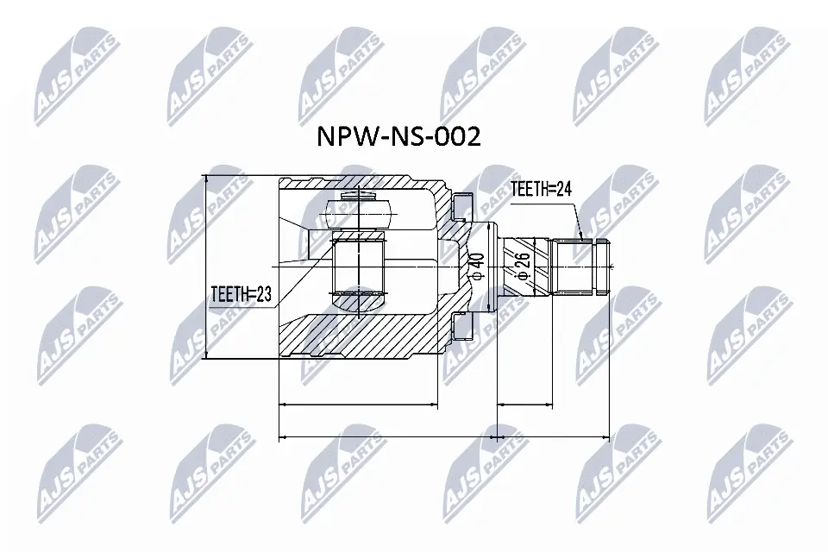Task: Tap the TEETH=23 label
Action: click(241, 294)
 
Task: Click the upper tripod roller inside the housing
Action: click(361, 208)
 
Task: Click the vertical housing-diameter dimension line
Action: click(206, 267)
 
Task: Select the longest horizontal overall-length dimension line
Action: click(444, 437)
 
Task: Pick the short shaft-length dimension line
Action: click(524, 403)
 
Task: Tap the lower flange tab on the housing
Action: click(463, 329)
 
